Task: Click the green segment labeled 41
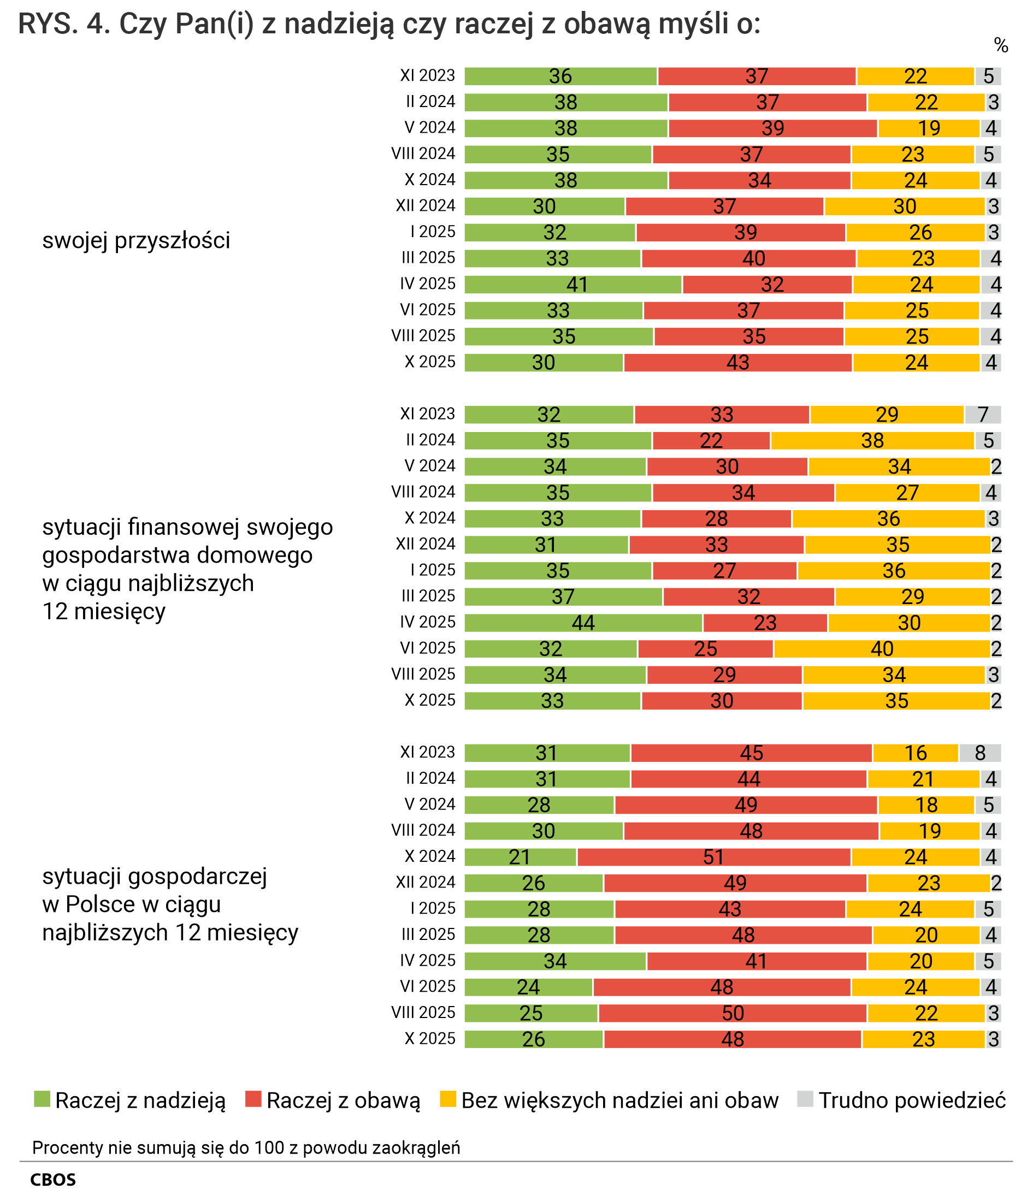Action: (572, 285)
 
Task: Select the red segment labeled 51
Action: (713, 857)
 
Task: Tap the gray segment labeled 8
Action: (979, 753)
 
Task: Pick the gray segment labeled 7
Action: (982, 415)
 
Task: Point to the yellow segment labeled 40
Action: (881, 649)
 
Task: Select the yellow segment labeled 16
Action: (916, 753)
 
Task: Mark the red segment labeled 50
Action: (733, 1013)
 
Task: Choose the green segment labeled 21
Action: (520, 857)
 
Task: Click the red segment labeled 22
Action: (711, 441)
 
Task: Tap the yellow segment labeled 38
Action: (872, 441)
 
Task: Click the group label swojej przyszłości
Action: (136, 240)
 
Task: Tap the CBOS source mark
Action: (52, 1179)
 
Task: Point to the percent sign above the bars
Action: (1001, 45)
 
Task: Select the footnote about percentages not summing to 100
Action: (246, 1147)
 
